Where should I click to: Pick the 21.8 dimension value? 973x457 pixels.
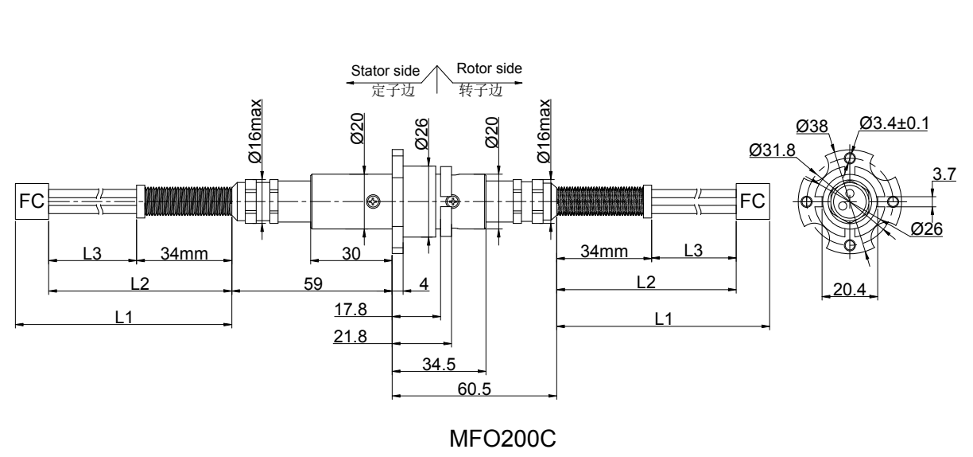tap(351, 336)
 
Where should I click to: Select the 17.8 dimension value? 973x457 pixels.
tap(351, 308)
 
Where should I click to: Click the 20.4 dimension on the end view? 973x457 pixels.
tap(848, 289)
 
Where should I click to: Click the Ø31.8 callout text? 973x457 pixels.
tap(769, 149)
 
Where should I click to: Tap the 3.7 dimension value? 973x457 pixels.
tap(945, 174)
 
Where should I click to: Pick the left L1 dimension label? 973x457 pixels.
tap(123, 317)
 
